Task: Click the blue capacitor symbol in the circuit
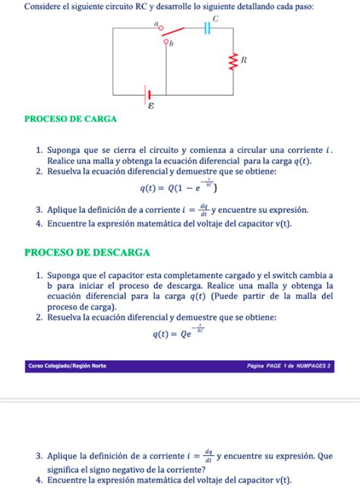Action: point(207,29)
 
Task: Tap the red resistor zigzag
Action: point(234,60)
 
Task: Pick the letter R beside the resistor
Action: point(244,59)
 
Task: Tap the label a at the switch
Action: point(157,24)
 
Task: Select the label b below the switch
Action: point(171,44)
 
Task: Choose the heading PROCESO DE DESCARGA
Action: point(87,252)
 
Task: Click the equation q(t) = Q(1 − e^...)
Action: point(179,187)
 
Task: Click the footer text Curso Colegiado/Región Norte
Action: point(67,366)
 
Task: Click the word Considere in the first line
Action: point(43,6)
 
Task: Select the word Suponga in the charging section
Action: point(66,150)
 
